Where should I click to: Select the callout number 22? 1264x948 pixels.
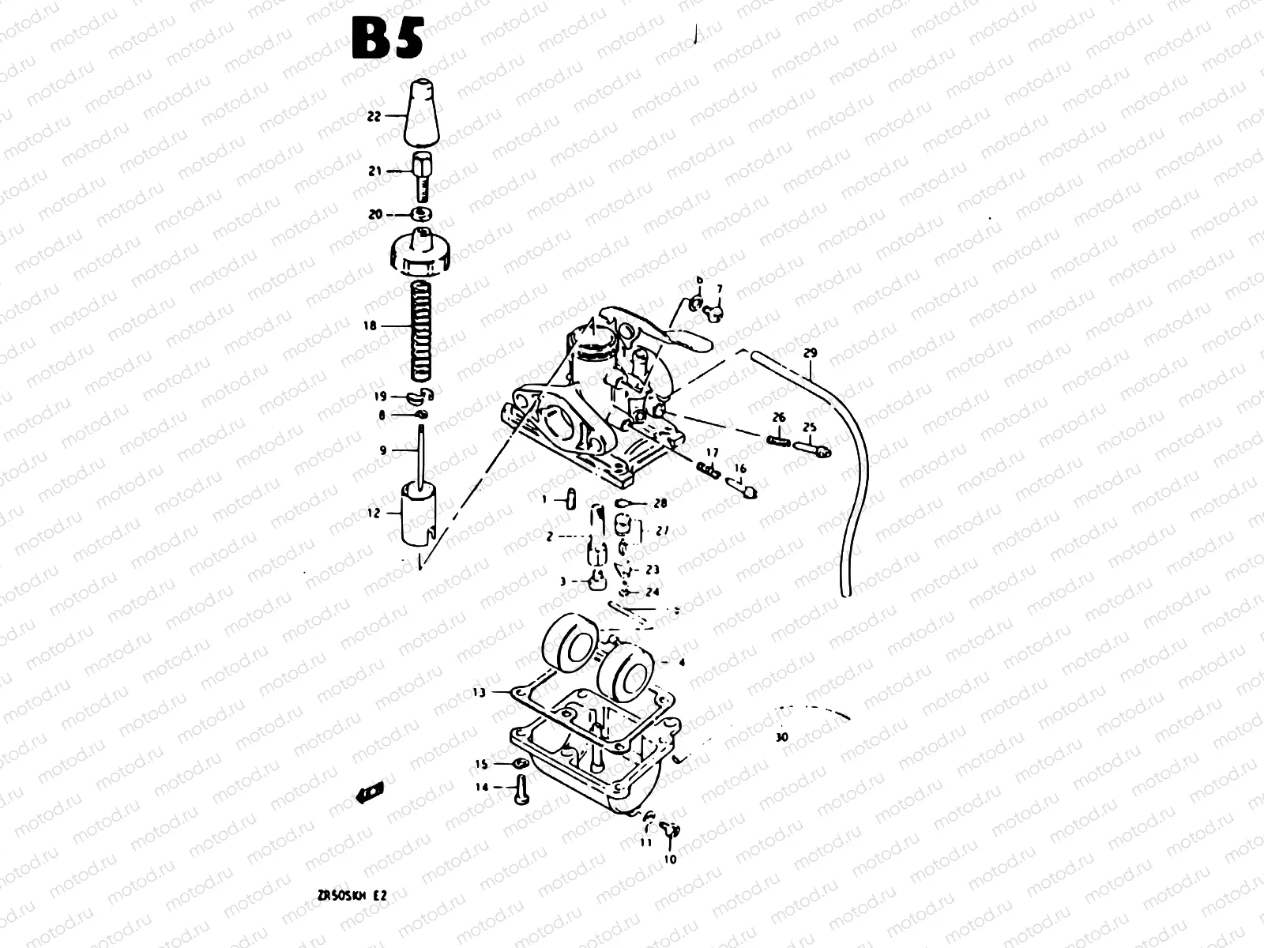coord(374,116)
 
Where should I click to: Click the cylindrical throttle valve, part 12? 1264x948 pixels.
coord(419,513)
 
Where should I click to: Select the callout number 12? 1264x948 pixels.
coord(374,513)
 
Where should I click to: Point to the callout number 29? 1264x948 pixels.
coord(808,352)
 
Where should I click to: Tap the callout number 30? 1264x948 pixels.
coord(782,737)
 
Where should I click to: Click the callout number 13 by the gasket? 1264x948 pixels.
coord(479,693)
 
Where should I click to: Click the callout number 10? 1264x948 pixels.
coord(671,860)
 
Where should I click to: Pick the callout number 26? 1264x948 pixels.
coord(779,417)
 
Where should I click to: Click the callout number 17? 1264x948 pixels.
coord(713,453)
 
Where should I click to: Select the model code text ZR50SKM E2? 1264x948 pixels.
coord(352,897)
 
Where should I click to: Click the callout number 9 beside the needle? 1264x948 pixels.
coord(383,450)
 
